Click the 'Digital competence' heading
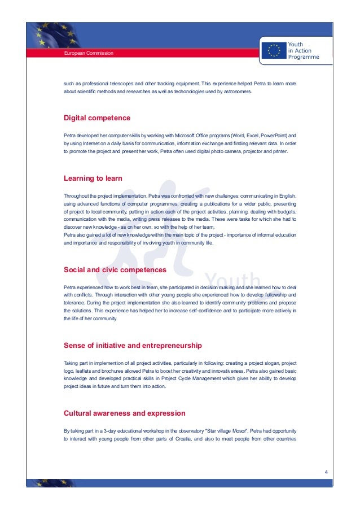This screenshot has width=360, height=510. click(x=96, y=118)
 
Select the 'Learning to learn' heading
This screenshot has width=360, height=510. click(x=93, y=178)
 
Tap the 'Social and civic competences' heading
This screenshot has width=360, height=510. click(x=115, y=270)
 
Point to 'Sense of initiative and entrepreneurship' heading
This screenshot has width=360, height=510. click(x=133, y=345)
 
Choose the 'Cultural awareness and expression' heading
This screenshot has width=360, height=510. click(x=124, y=413)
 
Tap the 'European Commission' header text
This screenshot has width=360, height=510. click(x=89, y=53)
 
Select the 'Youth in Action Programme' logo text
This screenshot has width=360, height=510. click(x=303, y=50)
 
